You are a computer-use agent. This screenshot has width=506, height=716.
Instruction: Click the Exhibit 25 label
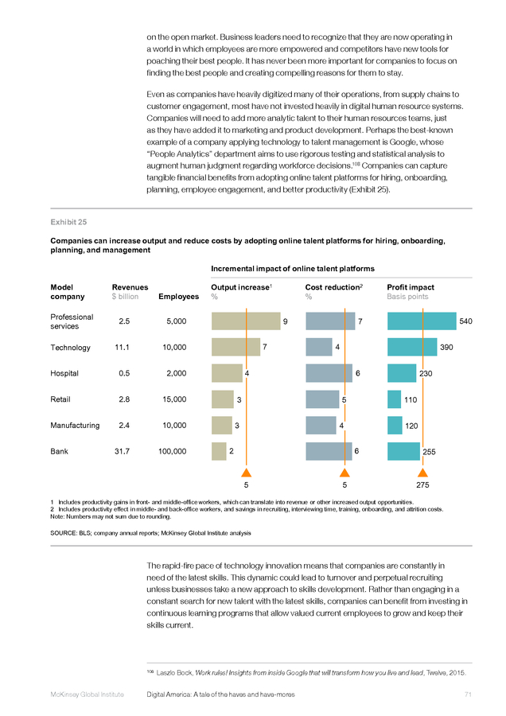pyautogui.click(x=68, y=222)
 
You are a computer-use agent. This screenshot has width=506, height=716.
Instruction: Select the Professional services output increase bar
pyautogui.click(x=246, y=321)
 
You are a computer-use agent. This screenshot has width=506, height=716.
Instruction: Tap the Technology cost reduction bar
pyautogui.click(x=319, y=347)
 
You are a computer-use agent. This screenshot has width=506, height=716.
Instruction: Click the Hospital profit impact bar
pyautogui.click(x=402, y=373)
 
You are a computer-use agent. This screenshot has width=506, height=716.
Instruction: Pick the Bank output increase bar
pyautogui.click(x=219, y=451)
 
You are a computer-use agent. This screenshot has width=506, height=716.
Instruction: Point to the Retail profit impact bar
pyautogui.click(x=394, y=399)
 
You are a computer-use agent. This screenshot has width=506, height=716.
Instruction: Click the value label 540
pyautogui.click(x=465, y=321)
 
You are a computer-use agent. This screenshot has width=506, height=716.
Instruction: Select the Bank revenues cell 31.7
pyautogui.click(x=122, y=451)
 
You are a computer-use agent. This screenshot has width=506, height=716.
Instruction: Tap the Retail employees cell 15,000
pyautogui.click(x=174, y=399)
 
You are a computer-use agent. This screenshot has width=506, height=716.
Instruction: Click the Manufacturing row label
pyautogui.click(x=75, y=425)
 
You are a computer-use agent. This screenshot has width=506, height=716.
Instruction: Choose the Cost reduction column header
pyautogui.click(x=334, y=287)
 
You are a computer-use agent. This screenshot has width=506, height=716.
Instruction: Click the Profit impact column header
pyautogui.click(x=411, y=287)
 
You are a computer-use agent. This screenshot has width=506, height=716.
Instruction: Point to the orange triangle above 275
pyautogui.click(x=423, y=473)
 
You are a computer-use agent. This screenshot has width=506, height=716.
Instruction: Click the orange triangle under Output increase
pyautogui.click(x=246, y=473)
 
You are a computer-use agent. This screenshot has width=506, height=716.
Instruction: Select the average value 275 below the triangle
pyautogui.click(x=422, y=485)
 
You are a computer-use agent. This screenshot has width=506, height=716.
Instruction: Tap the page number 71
pyautogui.click(x=468, y=695)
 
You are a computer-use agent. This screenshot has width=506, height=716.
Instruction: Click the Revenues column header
pyautogui.click(x=130, y=287)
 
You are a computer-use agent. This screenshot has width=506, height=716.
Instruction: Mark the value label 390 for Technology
pyautogui.click(x=446, y=348)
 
